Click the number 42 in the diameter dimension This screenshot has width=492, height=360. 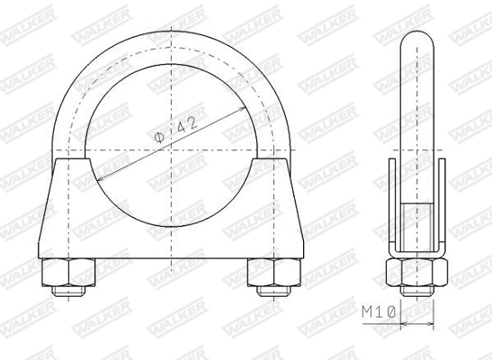[x=186, y=126]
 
